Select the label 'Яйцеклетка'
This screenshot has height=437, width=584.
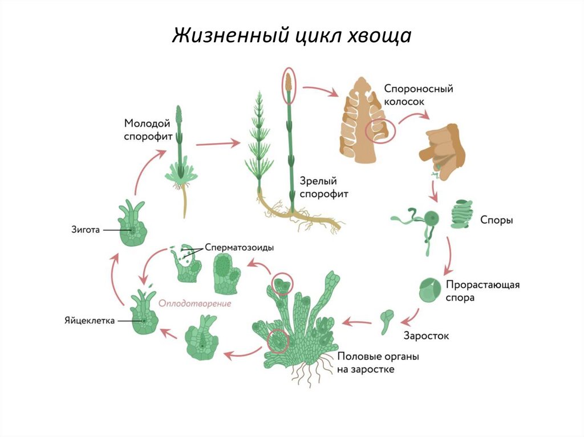[x=90, y=320]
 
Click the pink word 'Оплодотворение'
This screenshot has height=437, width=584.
[x=195, y=304]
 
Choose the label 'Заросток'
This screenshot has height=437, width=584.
[x=426, y=336]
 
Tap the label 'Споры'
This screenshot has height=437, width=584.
[x=496, y=219]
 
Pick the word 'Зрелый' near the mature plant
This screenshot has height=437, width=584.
[x=318, y=181]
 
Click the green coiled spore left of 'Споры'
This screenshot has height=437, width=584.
[x=460, y=214]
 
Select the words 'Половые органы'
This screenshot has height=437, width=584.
[x=378, y=357]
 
